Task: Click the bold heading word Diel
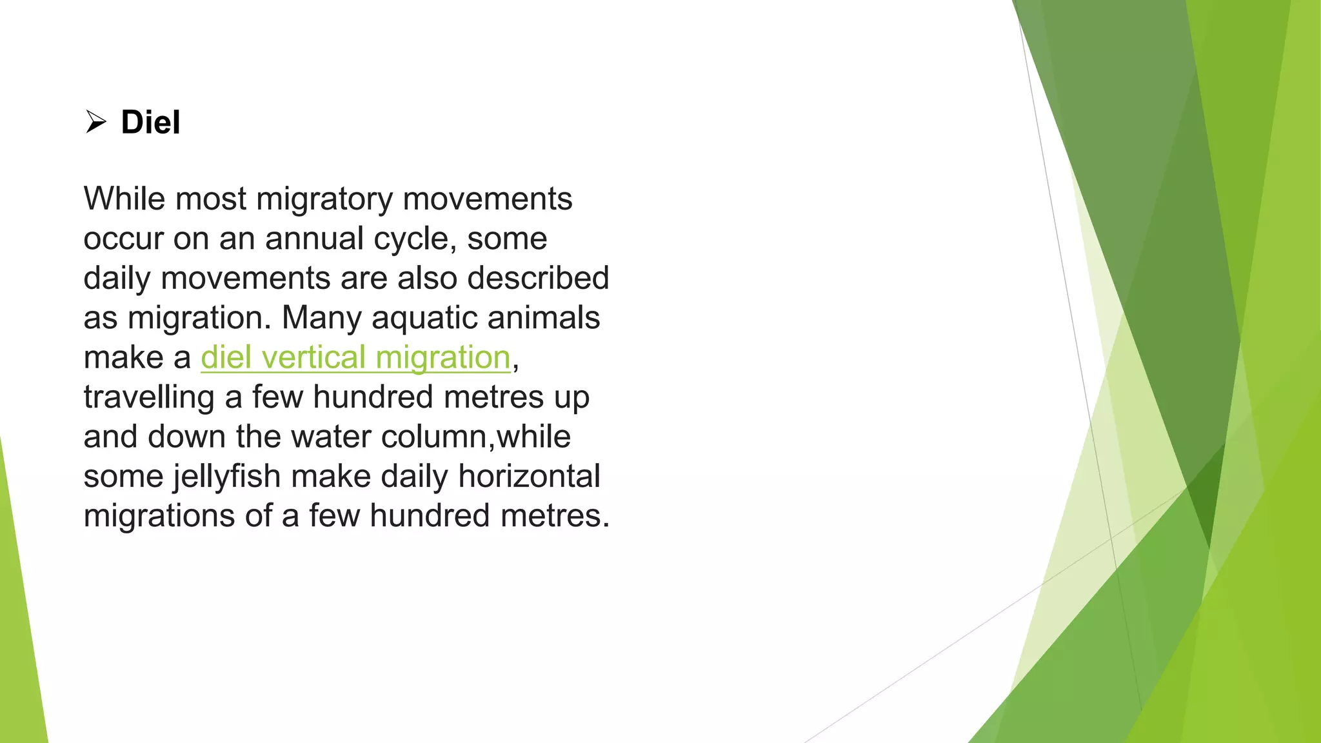pyautogui.click(x=150, y=123)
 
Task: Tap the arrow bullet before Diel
pyautogui.click(x=95, y=122)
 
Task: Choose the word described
pyautogui.click(x=538, y=278)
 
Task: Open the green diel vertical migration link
pyautogui.click(x=355, y=358)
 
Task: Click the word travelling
pyautogui.click(x=149, y=398)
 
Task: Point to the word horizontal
pyautogui.click(x=529, y=476)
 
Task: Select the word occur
pyautogui.click(x=123, y=239)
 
